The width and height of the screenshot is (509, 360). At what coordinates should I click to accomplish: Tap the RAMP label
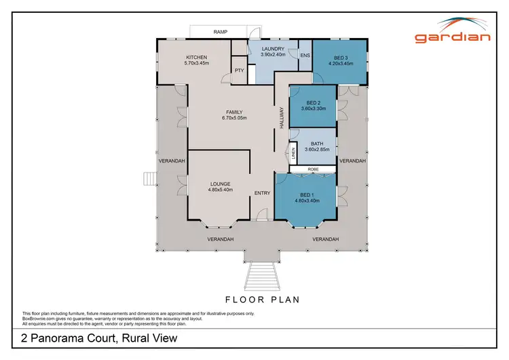click(x=220, y=32)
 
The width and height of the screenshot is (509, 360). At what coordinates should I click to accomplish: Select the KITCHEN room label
click(x=196, y=57)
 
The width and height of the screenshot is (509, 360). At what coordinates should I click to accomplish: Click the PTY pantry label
click(x=239, y=70)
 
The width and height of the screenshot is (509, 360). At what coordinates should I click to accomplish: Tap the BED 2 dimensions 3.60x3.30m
click(x=313, y=107)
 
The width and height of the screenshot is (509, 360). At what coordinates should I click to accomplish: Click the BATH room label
click(x=317, y=143)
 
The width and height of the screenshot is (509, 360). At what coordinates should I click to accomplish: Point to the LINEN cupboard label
click(x=294, y=154)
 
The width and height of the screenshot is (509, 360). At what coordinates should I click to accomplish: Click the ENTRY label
click(x=262, y=193)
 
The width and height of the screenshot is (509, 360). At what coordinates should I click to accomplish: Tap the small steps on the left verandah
click(x=149, y=179)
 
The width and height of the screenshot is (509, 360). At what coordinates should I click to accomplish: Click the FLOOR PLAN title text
click(x=262, y=298)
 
